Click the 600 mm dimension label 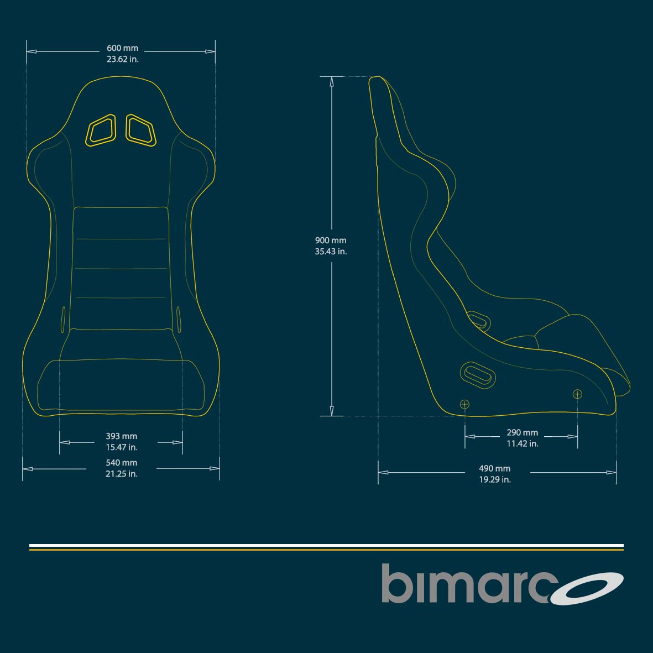point(122,48)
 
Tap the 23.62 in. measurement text point(122,59)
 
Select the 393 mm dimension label point(121,436)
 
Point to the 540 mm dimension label point(121,463)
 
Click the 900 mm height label point(331,241)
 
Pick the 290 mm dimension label point(522,433)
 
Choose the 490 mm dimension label point(495,468)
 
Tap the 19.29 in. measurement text point(495,479)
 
